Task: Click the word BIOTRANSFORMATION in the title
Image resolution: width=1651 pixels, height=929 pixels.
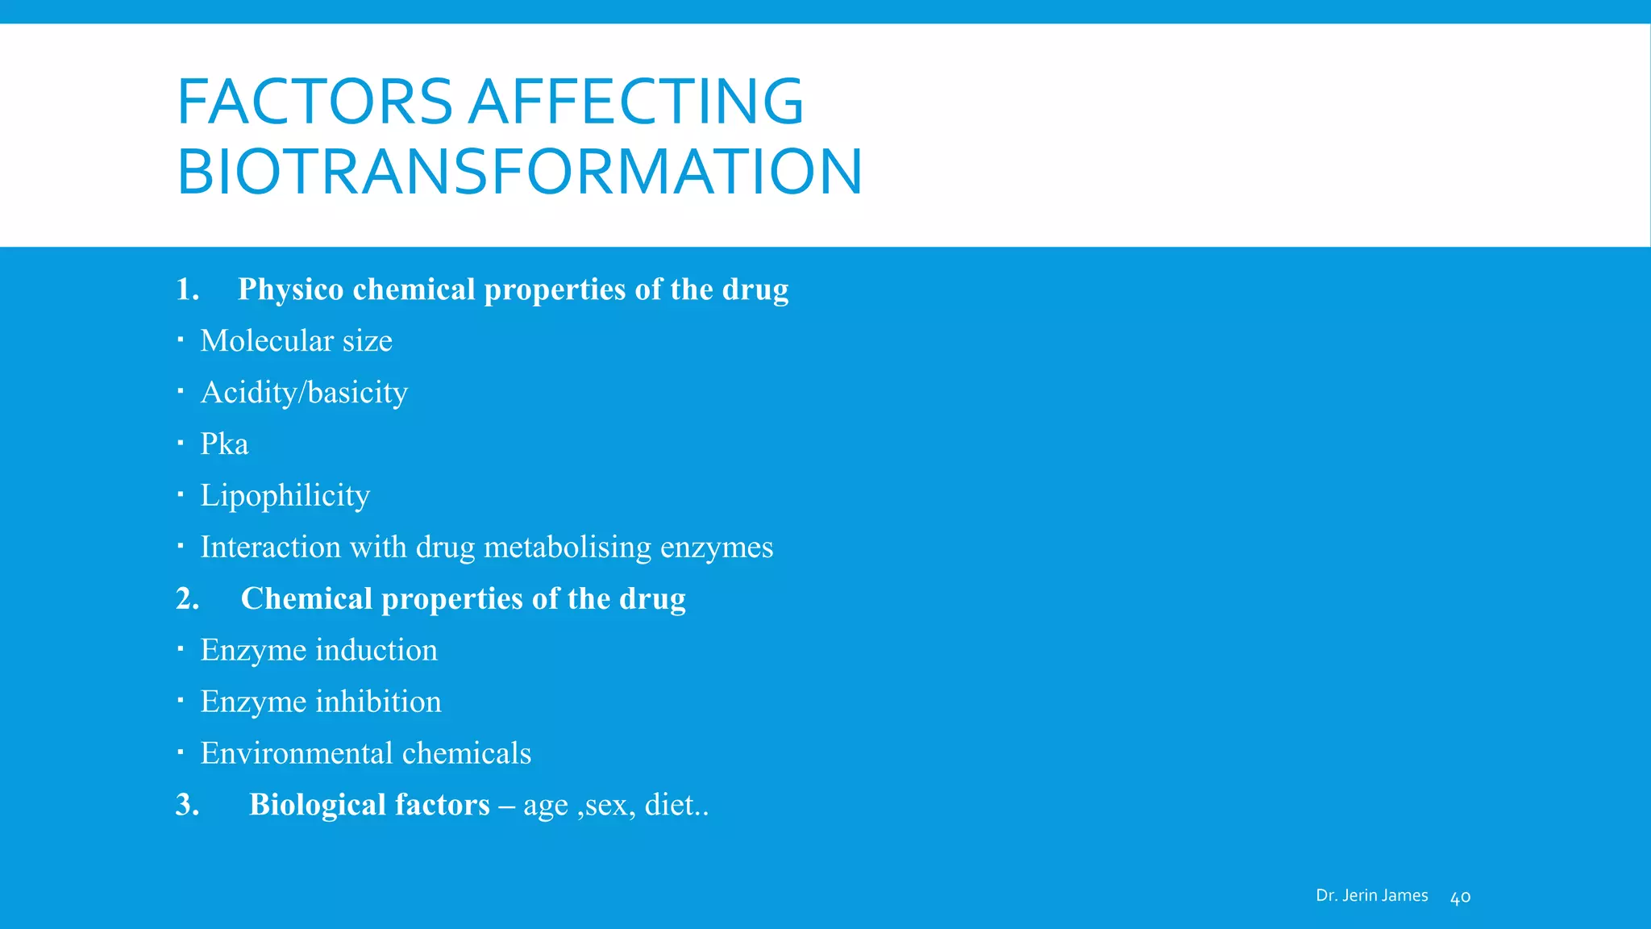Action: click(519, 172)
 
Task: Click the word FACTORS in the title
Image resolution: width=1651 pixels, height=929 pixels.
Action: click(314, 102)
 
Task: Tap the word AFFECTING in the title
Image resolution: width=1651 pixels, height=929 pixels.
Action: click(637, 102)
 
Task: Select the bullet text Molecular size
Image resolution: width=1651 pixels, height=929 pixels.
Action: click(296, 341)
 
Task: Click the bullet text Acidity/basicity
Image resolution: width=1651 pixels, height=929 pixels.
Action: click(304, 393)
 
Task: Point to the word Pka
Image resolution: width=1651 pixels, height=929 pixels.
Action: click(224, 444)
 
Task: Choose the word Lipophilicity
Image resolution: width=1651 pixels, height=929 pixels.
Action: click(285, 496)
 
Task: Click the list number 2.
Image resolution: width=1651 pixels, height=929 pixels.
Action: click(187, 599)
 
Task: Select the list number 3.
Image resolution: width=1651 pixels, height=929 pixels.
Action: click(187, 805)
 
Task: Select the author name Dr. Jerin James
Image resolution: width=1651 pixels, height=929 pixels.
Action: click(1371, 895)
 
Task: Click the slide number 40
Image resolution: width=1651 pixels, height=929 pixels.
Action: click(1460, 898)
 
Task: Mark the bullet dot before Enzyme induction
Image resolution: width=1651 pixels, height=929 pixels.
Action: click(181, 649)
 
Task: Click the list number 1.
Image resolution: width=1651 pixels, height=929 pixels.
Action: click(187, 290)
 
